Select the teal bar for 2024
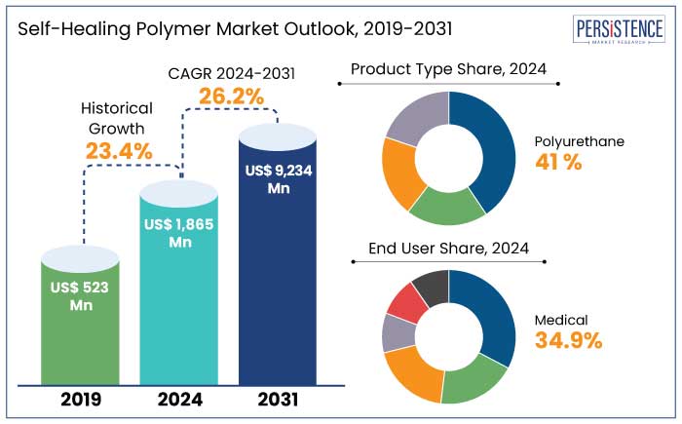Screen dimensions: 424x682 click(179, 292)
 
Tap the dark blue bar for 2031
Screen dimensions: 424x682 click(278, 263)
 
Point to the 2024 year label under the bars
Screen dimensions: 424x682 click(179, 400)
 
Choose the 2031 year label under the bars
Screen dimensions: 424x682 click(278, 400)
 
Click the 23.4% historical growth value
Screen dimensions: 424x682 click(118, 151)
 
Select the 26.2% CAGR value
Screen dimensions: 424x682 click(226, 96)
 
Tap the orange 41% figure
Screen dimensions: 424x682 click(558, 163)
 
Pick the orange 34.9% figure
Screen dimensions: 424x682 click(568, 340)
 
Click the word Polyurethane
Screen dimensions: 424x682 click(580, 141)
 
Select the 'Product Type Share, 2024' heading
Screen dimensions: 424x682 click(448, 69)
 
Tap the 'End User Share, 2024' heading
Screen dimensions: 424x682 click(448, 249)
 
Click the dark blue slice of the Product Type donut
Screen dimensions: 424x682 click(486, 151)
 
